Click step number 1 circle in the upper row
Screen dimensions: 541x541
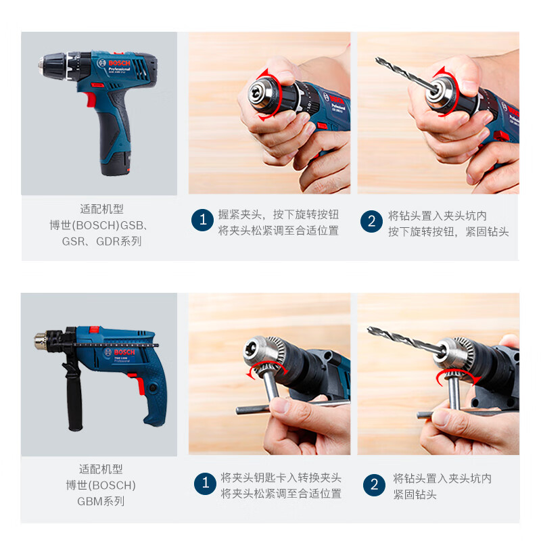(202, 221)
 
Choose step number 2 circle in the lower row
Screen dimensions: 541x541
(374, 484)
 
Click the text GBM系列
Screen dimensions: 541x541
(101, 501)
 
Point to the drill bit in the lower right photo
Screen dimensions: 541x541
(399, 338)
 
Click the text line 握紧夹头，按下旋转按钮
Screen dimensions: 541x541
(278, 215)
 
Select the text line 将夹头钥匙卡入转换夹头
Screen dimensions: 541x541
(281, 477)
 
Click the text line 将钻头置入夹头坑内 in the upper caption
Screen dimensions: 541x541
(437, 215)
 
